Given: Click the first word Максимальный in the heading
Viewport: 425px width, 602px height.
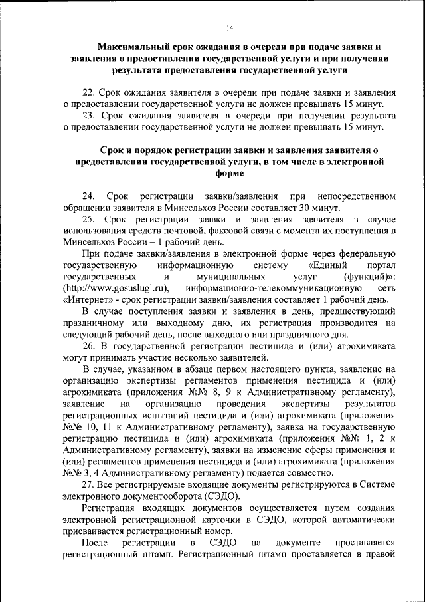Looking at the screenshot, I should point(136,47).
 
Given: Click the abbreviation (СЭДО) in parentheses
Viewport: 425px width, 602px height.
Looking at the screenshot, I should point(224,496).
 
